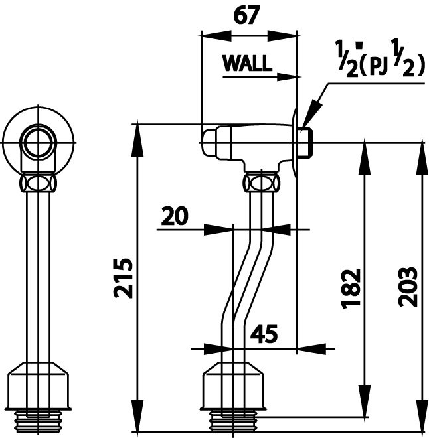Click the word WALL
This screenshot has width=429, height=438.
click(x=248, y=63)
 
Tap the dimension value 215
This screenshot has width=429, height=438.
click(x=123, y=279)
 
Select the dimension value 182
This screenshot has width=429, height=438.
click(x=351, y=289)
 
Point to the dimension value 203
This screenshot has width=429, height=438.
click(x=408, y=287)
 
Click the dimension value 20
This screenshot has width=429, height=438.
click(x=175, y=216)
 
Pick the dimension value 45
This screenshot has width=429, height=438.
click(x=264, y=334)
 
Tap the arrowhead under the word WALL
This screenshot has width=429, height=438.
click(x=286, y=76)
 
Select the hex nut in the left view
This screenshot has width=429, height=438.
click(x=38, y=183)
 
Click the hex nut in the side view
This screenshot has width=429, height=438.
click(x=261, y=183)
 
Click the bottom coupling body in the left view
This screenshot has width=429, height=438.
click(x=38, y=386)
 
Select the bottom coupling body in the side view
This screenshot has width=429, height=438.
click(x=232, y=386)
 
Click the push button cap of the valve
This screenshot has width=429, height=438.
click(x=210, y=143)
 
